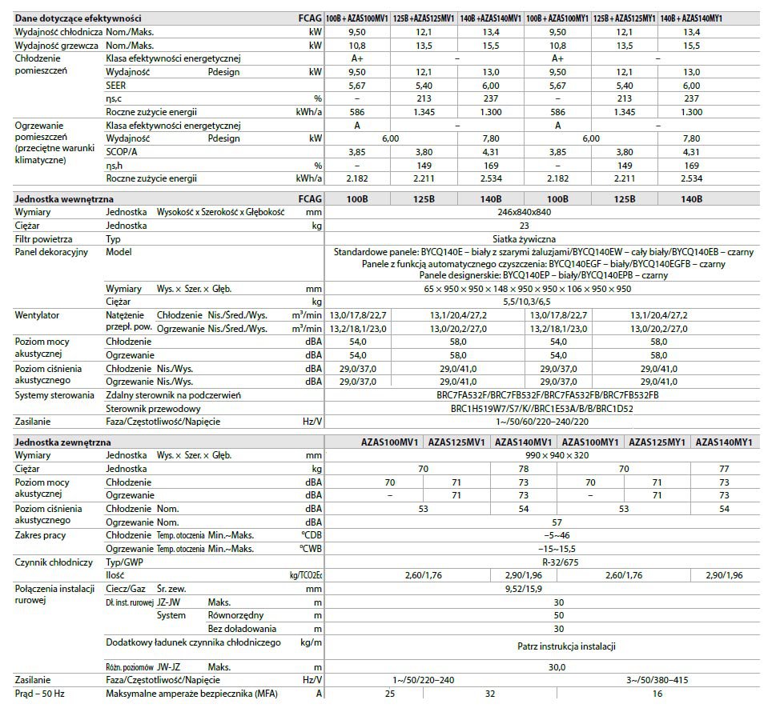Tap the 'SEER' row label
[x=117, y=85]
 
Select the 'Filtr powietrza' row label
[x=43, y=238]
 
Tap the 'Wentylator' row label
[x=38, y=316]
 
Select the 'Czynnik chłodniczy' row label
[x=54, y=562]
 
